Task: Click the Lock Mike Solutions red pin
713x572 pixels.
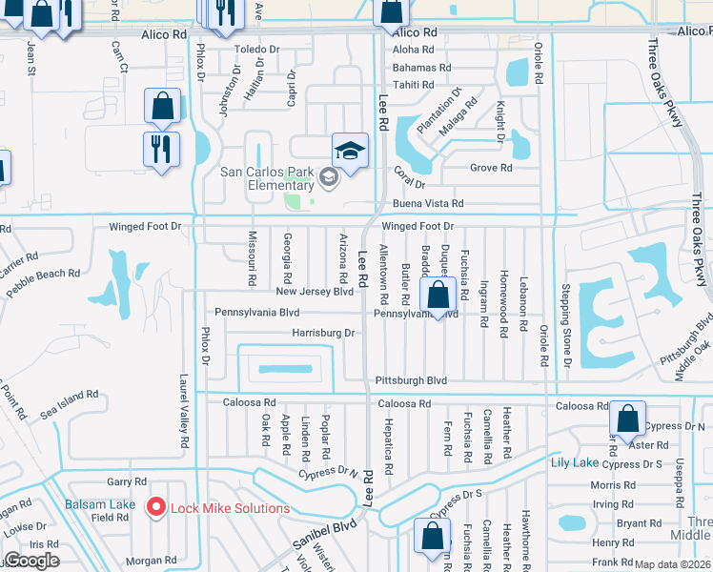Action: pyautogui.click(x=157, y=508)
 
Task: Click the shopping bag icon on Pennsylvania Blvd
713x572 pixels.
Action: pyautogui.click(x=438, y=296)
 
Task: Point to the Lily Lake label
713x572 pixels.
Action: pyautogui.click(x=574, y=462)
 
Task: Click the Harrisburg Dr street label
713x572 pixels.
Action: pyautogui.click(x=323, y=334)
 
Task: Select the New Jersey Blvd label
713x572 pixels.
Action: pyautogui.click(x=315, y=292)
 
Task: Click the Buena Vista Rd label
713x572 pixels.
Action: pyautogui.click(x=427, y=204)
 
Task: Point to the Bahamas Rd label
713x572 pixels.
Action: pyautogui.click(x=421, y=68)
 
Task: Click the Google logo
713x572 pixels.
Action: pyautogui.click(x=31, y=561)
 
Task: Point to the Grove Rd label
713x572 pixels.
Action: pyautogui.click(x=492, y=168)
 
